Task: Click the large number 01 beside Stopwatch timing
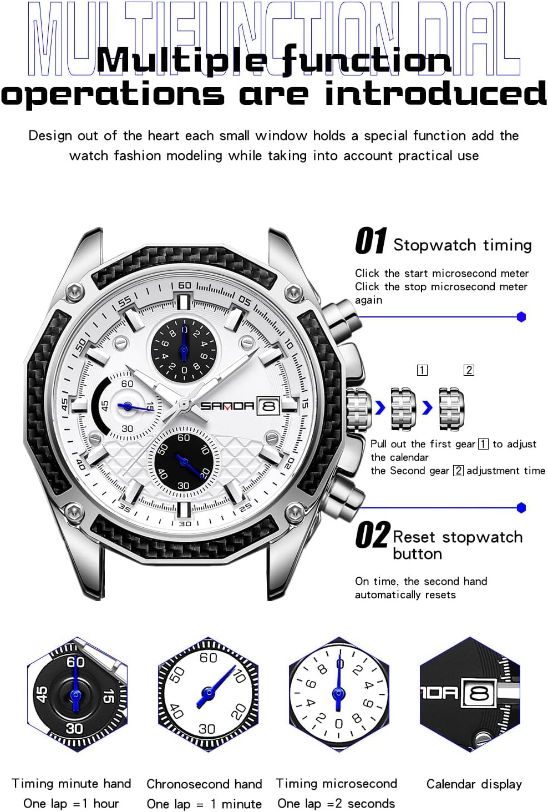[371, 241]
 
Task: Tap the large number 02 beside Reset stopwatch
[372, 536]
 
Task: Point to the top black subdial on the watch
[184, 351]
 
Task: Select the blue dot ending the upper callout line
[521, 317]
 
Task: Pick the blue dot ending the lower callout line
[521, 507]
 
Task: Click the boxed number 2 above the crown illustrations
[469, 370]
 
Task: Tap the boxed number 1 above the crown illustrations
[422, 370]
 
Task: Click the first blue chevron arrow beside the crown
[380, 408]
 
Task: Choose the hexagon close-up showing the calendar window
[470, 694]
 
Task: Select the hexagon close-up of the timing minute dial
[77, 694]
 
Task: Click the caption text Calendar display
[474, 784]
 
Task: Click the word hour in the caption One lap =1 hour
[106, 803]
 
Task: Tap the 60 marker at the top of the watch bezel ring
[184, 285]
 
